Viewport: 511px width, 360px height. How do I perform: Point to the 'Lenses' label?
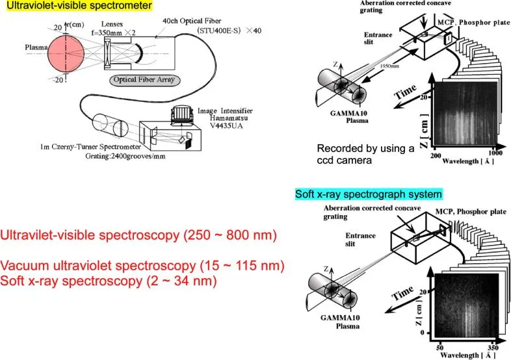[x=111, y=23]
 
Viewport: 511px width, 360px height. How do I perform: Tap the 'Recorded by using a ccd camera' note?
[x=366, y=153]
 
